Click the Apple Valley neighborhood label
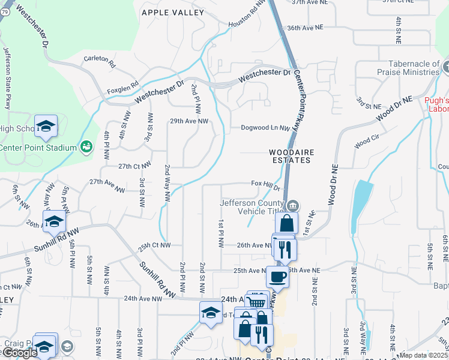pos(172,12)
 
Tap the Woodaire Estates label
pos(291,157)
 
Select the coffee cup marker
pos(277,277)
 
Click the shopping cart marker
pos(257,302)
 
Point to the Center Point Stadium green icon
pos(86,147)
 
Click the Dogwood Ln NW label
pos(265,128)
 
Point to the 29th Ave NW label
pos(188,121)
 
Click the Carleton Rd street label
pos(100,59)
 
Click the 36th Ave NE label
pos(309,28)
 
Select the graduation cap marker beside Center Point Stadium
pos(46,126)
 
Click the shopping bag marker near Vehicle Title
pos(288,224)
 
